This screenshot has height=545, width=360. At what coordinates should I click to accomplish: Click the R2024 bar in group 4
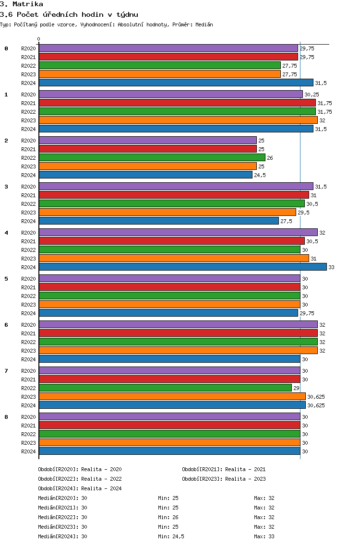coord(182,267)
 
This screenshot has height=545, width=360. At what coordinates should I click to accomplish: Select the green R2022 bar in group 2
coord(152,158)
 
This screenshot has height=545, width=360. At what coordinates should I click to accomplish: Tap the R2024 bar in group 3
coord(158,221)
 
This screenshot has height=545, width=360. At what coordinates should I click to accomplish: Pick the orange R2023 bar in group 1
coord(178,120)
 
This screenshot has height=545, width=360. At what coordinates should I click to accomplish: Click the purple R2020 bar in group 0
coord(168,48)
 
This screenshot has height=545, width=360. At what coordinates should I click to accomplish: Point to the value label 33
coord(331,267)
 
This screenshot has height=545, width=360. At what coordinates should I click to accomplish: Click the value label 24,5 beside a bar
coord(260,175)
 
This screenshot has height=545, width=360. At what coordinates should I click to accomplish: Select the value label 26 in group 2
coord(270,158)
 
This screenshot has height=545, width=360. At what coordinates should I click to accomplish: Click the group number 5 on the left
coord(6,279)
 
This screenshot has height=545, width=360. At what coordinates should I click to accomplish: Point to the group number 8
coord(6,417)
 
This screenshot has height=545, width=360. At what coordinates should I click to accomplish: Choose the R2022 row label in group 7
coord(28,388)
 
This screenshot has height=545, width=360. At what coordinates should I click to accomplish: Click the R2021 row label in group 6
coord(28,333)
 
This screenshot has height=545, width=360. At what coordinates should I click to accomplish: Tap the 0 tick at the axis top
coord(39,39)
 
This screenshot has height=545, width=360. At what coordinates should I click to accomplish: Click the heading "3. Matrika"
coord(22,4)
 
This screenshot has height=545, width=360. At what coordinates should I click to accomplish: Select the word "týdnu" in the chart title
coord(127,15)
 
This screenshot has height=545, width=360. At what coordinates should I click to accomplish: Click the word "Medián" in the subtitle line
coord(204,24)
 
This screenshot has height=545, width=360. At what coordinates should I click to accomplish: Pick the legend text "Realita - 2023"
coord(245,479)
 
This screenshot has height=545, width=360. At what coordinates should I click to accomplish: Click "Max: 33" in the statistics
coord(264,536)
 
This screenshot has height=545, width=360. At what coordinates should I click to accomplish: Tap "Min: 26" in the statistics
coord(168,517)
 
